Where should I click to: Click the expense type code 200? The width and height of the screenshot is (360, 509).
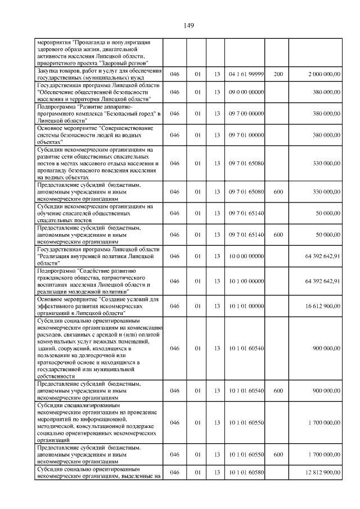278,74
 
